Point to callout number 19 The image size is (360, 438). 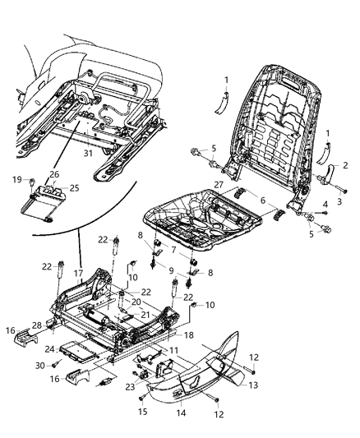[17, 179]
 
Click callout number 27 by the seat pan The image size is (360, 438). [219, 185]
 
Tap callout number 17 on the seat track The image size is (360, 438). [79, 274]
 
